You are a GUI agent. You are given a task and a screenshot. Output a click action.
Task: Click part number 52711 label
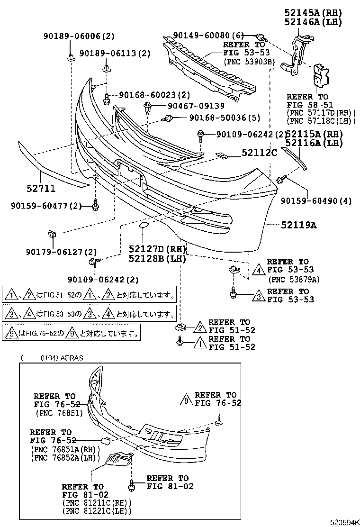coord(41,189)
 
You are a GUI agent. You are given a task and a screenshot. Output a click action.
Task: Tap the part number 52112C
coord(259,153)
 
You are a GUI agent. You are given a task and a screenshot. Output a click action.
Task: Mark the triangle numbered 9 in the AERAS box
coord(186,400)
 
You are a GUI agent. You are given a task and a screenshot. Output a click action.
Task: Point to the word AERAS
coord(72,358)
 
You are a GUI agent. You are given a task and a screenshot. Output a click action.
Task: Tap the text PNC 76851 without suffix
coord(59,413)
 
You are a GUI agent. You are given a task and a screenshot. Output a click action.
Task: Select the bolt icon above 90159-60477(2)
coord(95,206)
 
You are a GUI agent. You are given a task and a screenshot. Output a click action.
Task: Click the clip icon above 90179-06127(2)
coord(52,234)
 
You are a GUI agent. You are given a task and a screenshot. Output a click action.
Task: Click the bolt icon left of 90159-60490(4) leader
coord(280,179)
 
